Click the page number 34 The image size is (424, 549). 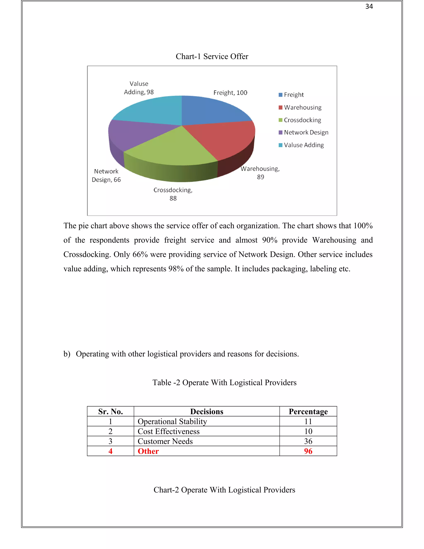coord(369,7)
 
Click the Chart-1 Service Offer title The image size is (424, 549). coord(212,56)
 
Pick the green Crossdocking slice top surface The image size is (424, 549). coord(173,148)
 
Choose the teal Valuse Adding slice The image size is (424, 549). coord(151,111)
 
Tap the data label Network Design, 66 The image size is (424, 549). coord(106,175)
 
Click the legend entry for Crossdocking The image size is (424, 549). coord(302,120)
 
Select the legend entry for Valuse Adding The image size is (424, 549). coord(304,145)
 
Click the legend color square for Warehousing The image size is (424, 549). coord(281,108)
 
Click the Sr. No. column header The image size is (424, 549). coord(110,411)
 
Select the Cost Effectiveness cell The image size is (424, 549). coord(169,431)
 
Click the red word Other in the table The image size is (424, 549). coord(148,451)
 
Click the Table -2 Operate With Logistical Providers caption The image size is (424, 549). coord(224,383)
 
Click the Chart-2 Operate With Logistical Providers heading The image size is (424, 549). coord(224,490)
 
